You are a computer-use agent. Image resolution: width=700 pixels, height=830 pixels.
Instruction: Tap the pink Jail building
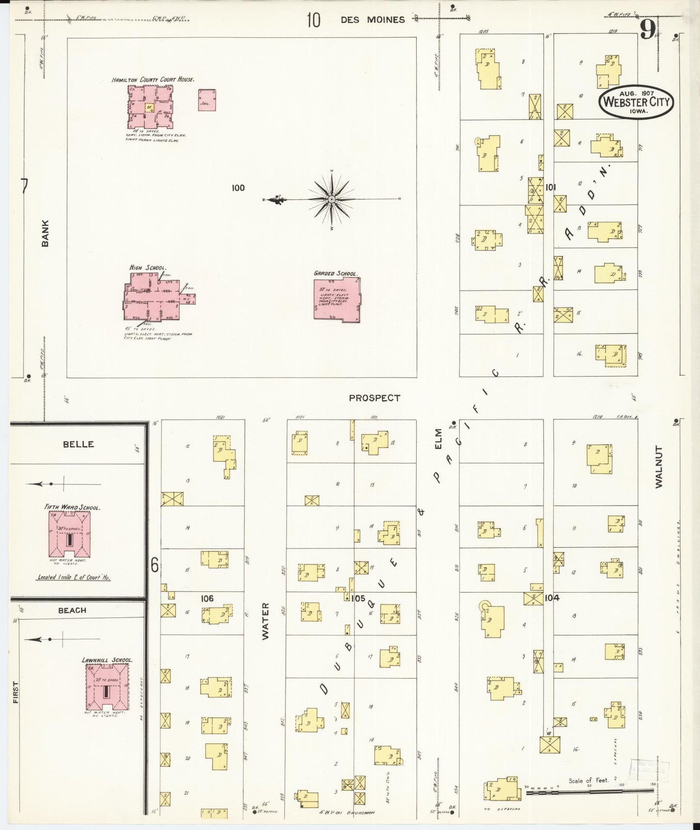(207, 100)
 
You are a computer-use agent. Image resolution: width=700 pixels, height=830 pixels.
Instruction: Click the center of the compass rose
(332, 200)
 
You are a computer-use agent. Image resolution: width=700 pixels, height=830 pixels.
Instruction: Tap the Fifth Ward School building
(69, 535)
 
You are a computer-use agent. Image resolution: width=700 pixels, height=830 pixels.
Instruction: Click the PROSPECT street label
(374, 398)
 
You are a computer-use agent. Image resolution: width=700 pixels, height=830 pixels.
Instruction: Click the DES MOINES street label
(372, 20)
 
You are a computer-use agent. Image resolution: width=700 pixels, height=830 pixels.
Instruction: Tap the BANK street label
(46, 233)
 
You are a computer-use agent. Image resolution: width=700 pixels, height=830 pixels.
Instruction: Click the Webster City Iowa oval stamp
(636, 102)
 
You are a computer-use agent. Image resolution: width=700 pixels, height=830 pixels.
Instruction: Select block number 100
(238, 188)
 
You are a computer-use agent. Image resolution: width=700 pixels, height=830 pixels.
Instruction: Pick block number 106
(207, 599)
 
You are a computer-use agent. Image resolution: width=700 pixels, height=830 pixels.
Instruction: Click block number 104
(552, 598)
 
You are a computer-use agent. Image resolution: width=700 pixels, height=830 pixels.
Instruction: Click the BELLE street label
(78, 444)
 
